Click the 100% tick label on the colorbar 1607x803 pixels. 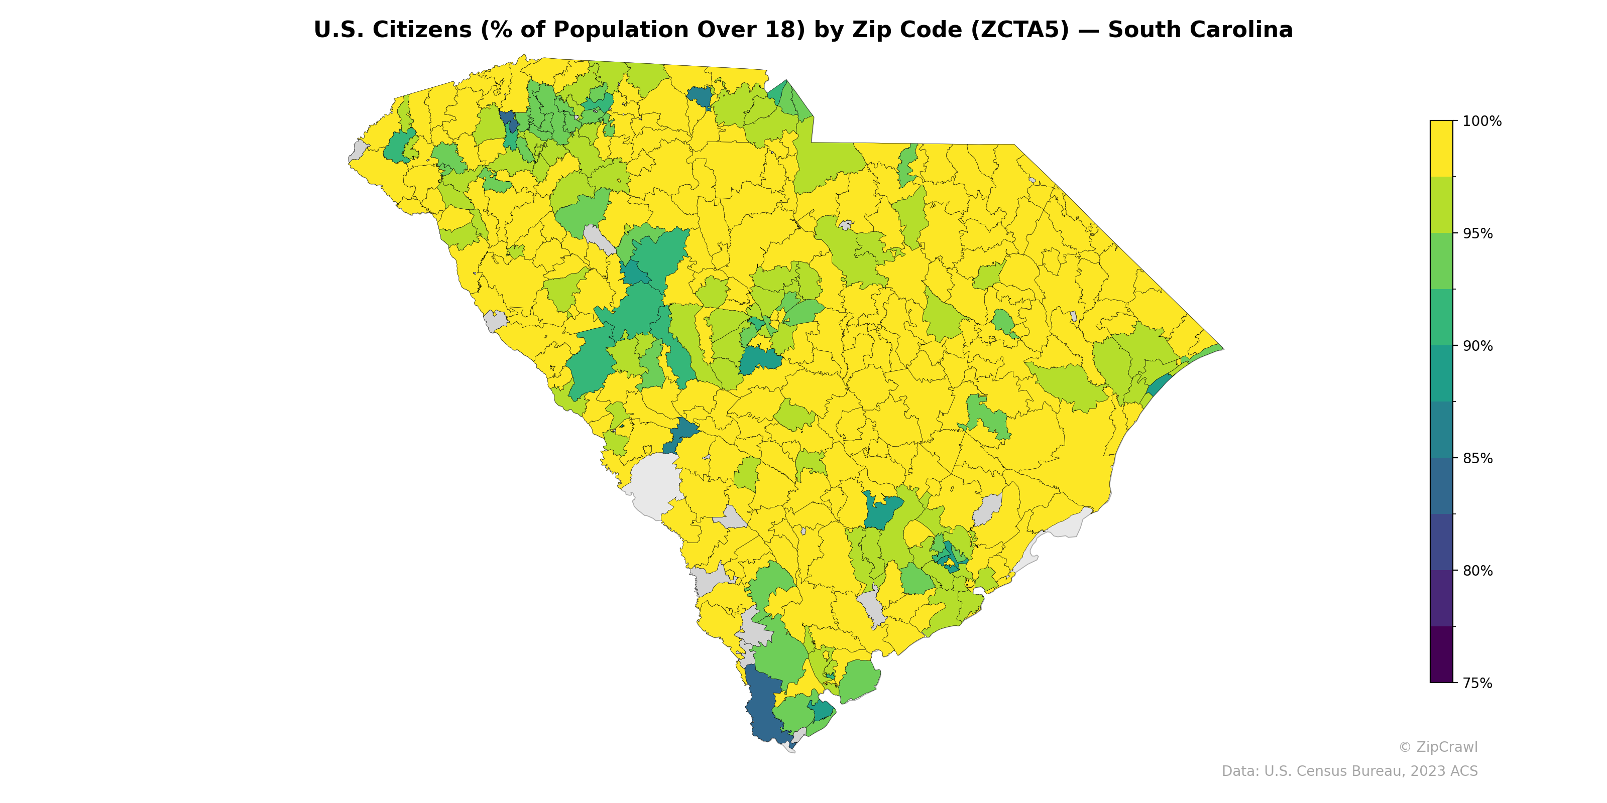pyautogui.click(x=1481, y=121)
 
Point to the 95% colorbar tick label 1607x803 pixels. pyautogui.click(x=1478, y=234)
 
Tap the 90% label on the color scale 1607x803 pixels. pyautogui.click(x=1478, y=346)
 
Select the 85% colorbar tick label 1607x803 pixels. pyautogui.click(x=1478, y=458)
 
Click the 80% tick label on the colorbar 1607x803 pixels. pyautogui.click(x=1478, y=571)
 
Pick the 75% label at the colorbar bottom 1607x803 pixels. pyautogui.click(x=1478, y=683)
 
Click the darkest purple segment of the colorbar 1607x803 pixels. pyautogui.click(x=1441, y=654)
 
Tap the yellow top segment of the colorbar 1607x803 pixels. pyautogui.click(x=1441, y=149)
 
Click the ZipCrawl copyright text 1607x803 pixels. pyautogui.click(x=1438, y=747)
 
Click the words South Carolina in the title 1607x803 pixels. pyautogui.click(x=1200, y=30)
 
